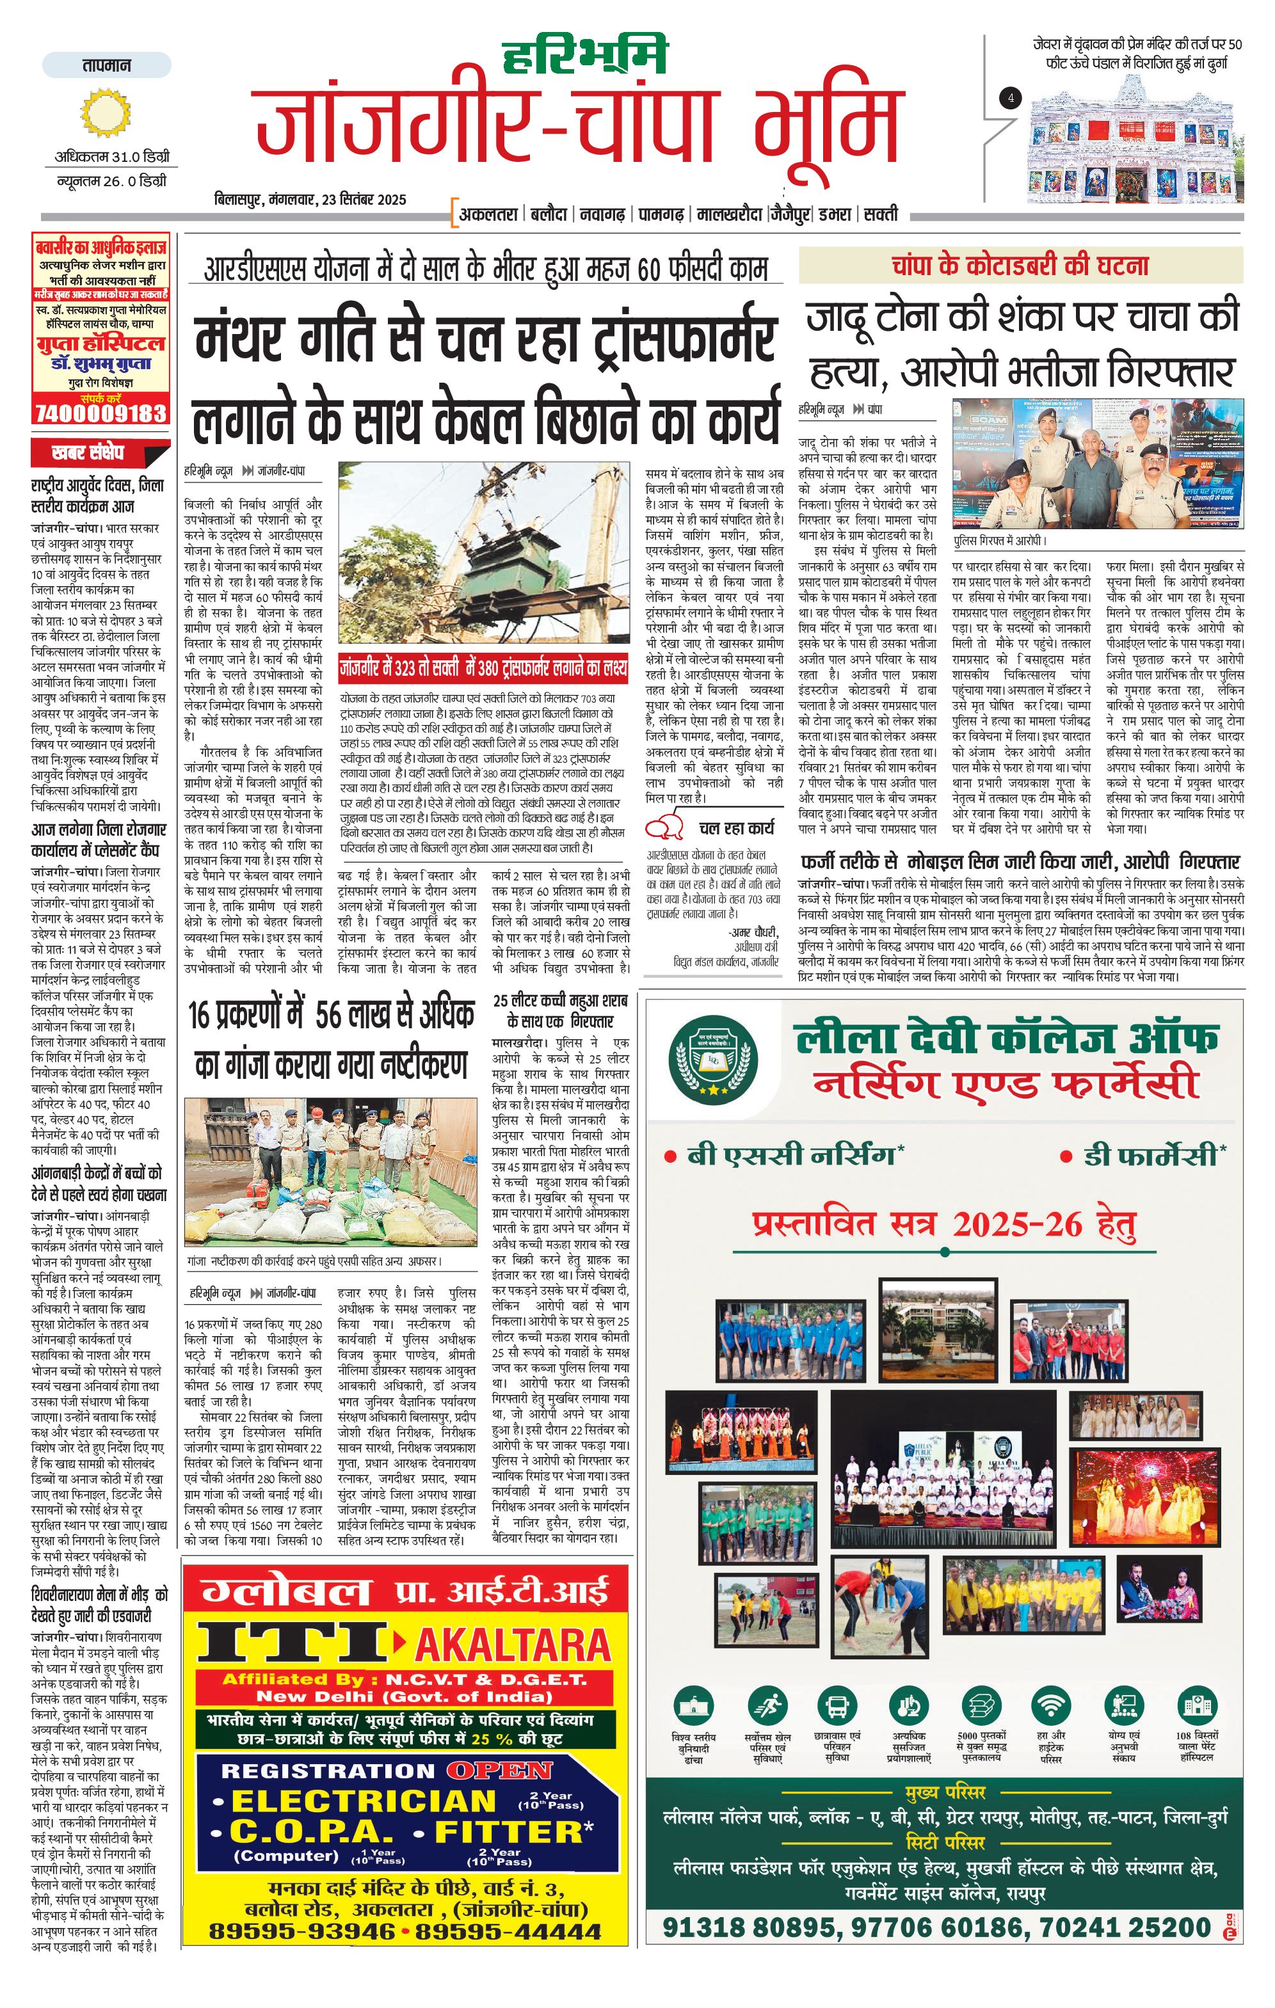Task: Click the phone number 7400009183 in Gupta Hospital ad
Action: [x=100, y=413]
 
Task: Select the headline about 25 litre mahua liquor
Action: [x=559, y=1010]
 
